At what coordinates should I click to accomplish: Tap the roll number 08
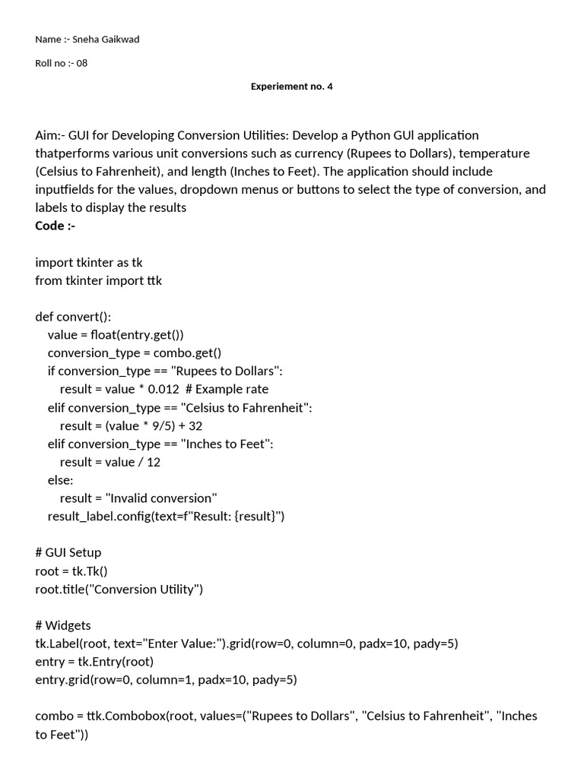(x=81, y=63)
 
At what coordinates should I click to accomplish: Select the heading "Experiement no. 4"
(x=292, y=87)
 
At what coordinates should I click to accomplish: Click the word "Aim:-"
(x=50, y=135)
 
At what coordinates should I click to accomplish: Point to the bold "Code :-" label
(x=56, y=226)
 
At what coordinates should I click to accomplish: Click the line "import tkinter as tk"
(x=88, y=262)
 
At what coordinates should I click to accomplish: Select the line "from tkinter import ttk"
(x=98, y=280)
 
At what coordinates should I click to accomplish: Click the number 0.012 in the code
(x=163, y=389)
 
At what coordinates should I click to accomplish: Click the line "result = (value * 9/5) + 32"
(x=131, y=425)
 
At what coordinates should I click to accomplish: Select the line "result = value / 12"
(x=109, y=462)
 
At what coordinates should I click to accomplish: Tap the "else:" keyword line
(x=60, y=480)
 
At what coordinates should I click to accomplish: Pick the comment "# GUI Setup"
(x=68, y=552)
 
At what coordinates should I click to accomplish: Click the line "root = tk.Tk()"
(x=77, y=571)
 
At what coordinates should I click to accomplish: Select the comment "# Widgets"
(x=63, y=625)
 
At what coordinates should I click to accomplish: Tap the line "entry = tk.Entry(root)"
(x=94, y=662)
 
